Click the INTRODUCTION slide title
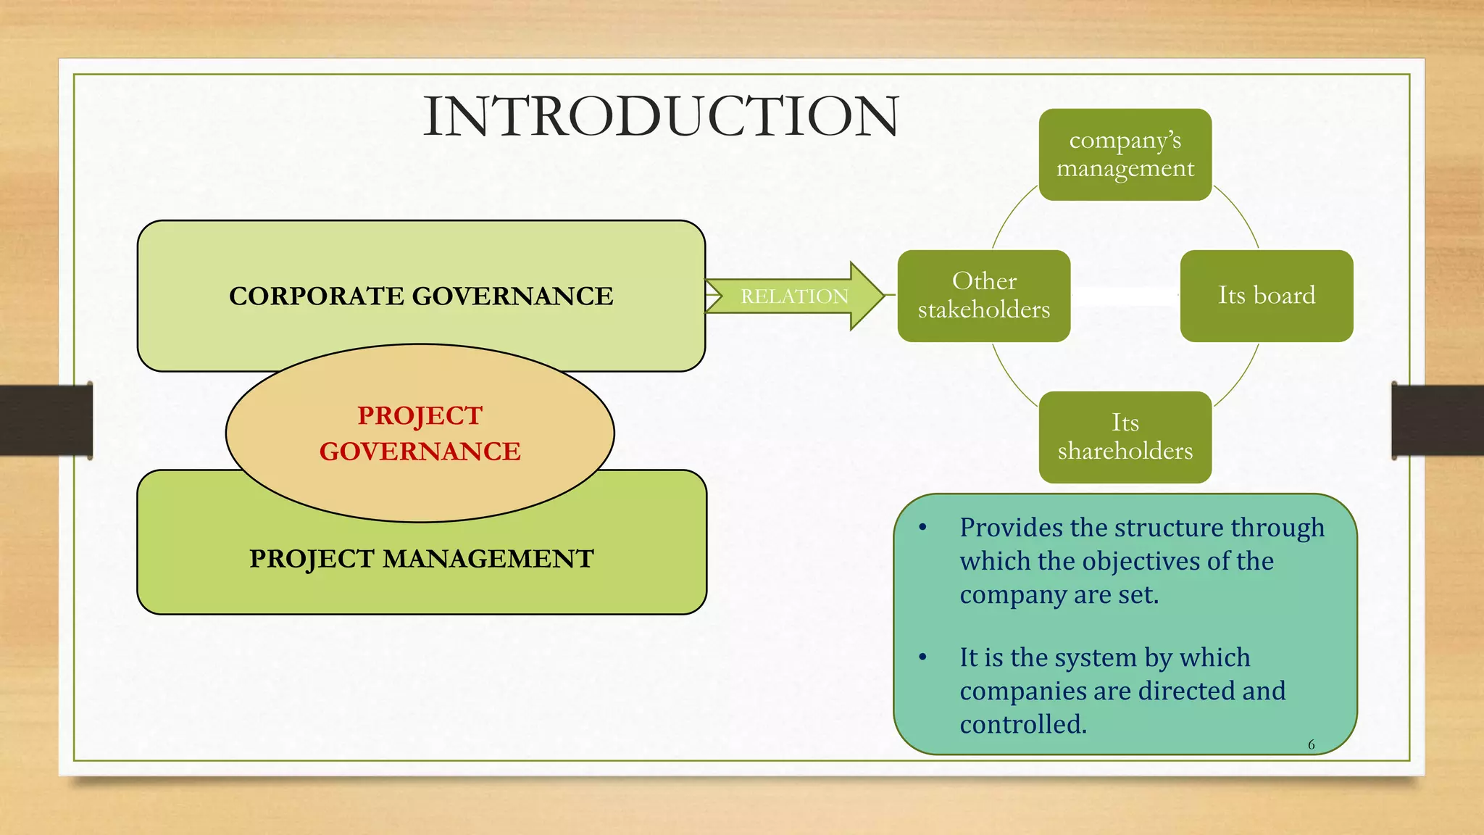(x=660, y=117)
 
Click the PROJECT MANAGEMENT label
(x=421, y=559)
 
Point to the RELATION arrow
(x=794, y=296)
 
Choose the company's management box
(x=1125, y=154)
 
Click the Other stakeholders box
(x=983, y=296)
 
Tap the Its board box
(x=1266, y=296)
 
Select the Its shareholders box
(x=1125, y=437)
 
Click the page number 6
(x=1311, y=744)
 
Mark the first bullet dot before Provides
(x=922, y=528)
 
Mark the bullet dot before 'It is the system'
(x=922, y=657)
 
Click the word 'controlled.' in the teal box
(x=1023, y=724)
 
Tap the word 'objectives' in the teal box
(x=1142, y=561)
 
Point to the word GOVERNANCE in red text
(x=420, y=452)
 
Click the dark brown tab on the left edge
(x=46, y=420)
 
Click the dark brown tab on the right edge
(x=1438, y=420)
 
